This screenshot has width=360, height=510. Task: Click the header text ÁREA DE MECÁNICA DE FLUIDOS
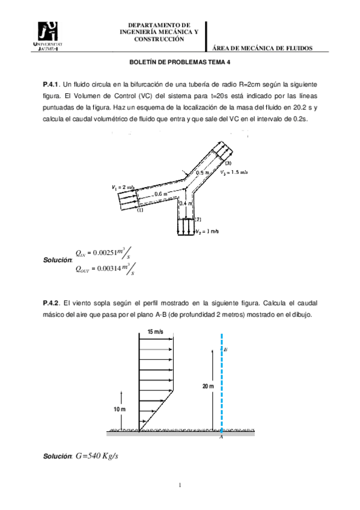263,48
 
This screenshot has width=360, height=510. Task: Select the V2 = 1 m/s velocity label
207,231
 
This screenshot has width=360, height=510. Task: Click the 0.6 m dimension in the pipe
160,194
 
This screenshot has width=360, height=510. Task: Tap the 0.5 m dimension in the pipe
203,173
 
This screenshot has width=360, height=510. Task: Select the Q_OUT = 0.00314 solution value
105,269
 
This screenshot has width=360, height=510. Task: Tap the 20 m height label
207,387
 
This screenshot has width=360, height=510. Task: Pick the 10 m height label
120,410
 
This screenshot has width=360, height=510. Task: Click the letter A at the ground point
221,437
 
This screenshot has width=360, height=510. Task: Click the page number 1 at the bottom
180,485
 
